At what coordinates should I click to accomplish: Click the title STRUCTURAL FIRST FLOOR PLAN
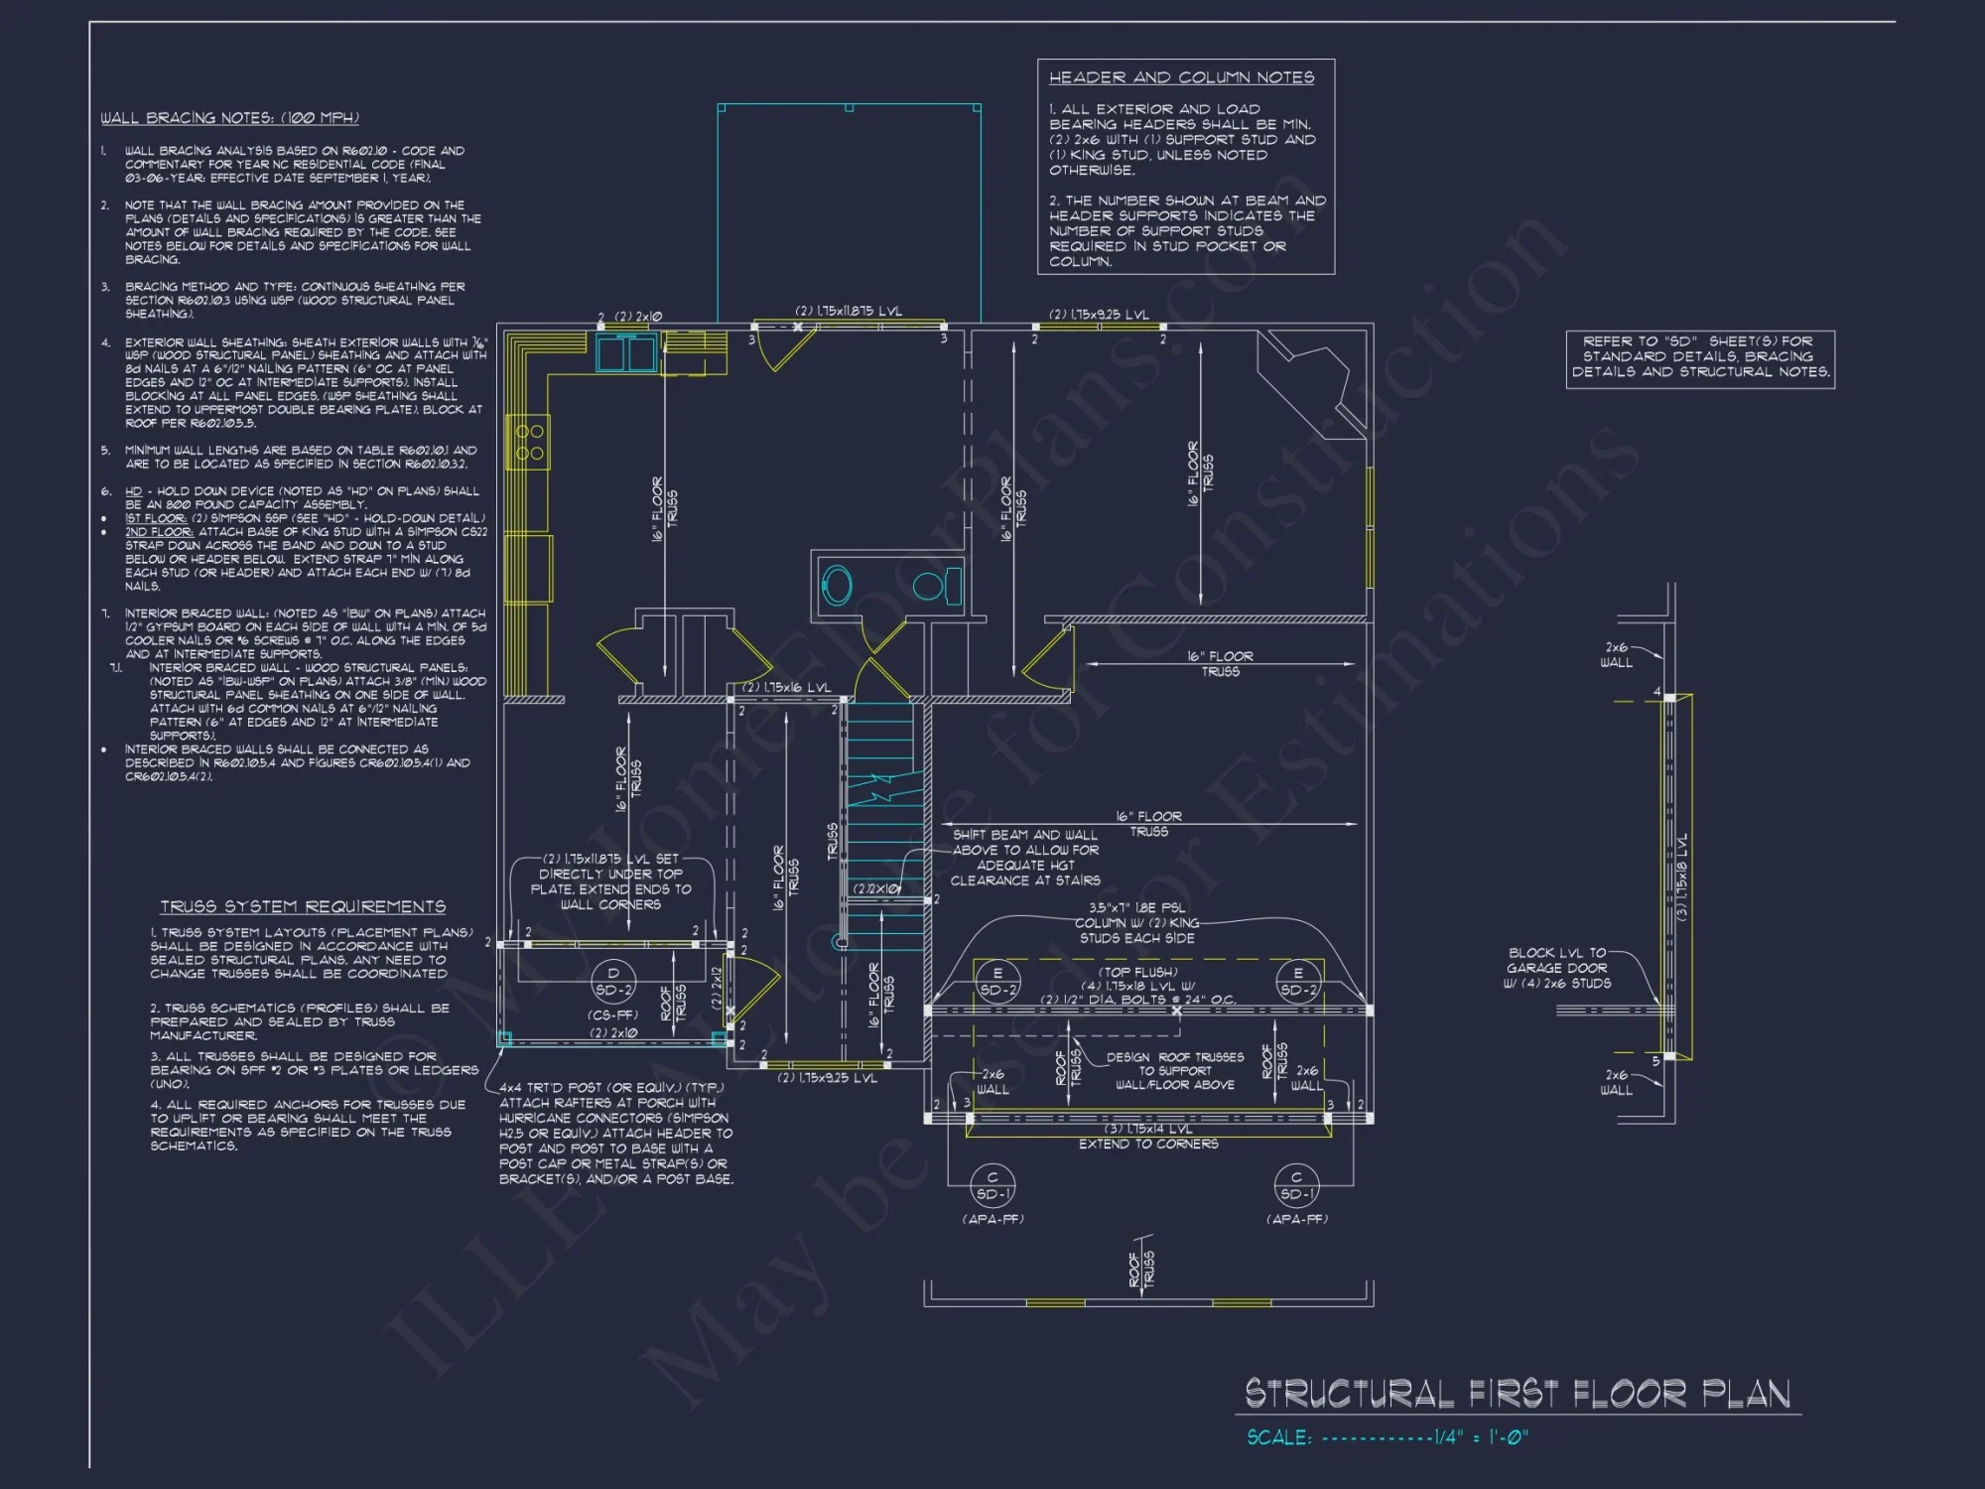[x=1518, y=1394]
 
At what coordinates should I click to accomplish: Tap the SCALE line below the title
[x=1388, y=1437]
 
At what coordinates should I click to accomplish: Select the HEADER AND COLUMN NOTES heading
[x=1181, y=77]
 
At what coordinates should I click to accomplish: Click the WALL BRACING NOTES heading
[x=229, y=118]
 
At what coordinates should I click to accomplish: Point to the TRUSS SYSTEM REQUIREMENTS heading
[x=303, y=907]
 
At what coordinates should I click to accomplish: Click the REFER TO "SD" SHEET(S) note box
[x=1700, y=357]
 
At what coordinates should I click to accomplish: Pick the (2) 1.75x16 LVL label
[x=786, y=687]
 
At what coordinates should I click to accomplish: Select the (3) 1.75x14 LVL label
[x=1148, y=1129]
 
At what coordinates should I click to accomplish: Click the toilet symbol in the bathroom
[x=935, y=585]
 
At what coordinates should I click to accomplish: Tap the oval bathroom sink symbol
[x=837, y=586]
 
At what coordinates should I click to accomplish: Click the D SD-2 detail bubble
[x=612, y=982]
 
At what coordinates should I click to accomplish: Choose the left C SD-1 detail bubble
[x=992, y=1186]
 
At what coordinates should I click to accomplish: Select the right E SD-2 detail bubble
[x=1297, y=982]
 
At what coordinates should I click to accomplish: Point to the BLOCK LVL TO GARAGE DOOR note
[x=1556, y=968]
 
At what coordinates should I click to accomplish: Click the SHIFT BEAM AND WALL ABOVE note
[x=1024, y=858]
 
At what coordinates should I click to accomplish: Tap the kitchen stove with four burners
[x=528, y=442]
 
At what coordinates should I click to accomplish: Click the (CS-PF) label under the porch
[x=612, y=1015]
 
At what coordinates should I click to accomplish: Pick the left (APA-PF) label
[x=992, y=1219]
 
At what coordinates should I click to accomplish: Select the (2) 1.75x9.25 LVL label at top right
[x=1099, y=315]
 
